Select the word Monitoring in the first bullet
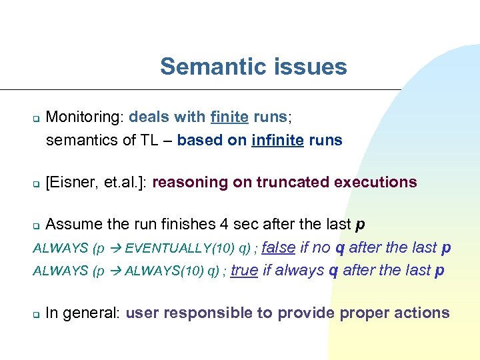(x=83, y=117)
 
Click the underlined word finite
(x=229, y=117)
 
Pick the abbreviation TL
(x=149, y=140)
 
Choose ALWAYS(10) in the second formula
(x=159, y=271)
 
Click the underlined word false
(x=279, y=247)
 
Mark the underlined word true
(x=244, y=270)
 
